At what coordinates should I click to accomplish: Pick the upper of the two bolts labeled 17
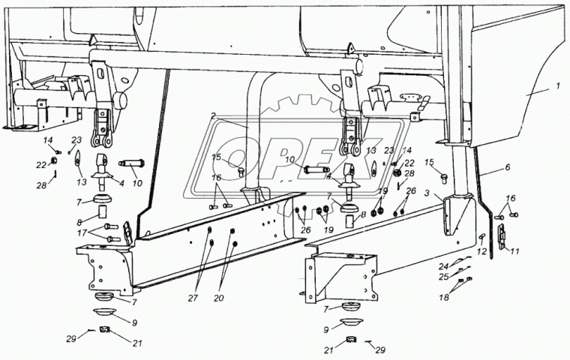(111, 226)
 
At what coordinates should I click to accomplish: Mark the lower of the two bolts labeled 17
(112, 238)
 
